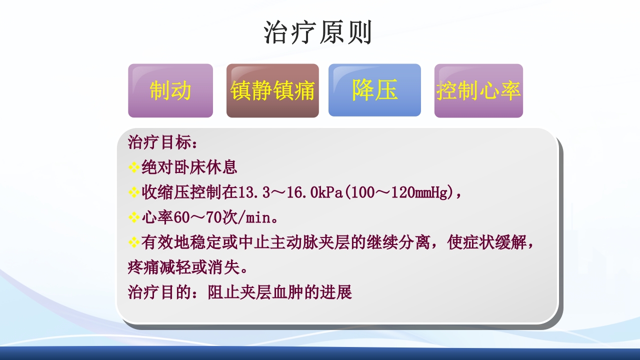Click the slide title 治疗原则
point(318,33)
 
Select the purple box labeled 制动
point(170,90)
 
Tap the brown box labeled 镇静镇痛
point(272,91)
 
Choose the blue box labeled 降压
point(374,90)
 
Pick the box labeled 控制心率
point(478,91)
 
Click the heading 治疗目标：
point(163,142)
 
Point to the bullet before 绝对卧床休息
point(133,167)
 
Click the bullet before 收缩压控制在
point(133,192)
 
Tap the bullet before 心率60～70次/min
point(133,217)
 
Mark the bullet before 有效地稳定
point(133,243)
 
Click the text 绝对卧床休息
point(189,167)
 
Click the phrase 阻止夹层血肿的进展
point(280,292)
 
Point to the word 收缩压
point(165,192)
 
